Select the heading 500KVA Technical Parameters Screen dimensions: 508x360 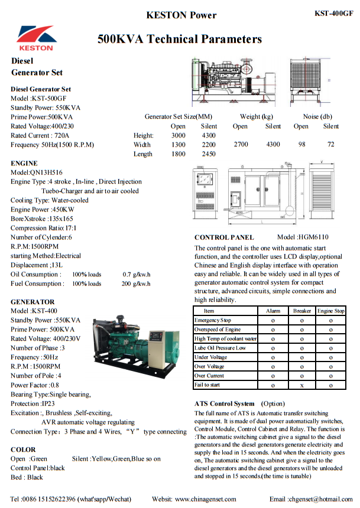180,40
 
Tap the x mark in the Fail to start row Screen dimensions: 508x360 301,385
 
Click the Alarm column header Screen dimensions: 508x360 273,311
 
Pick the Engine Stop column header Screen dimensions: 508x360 330,311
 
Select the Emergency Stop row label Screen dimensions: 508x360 213,320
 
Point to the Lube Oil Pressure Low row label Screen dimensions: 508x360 220,348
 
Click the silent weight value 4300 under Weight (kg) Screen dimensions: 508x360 273,144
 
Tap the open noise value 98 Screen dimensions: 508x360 301,144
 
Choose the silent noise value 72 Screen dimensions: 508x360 330,144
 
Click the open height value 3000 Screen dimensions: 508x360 178,135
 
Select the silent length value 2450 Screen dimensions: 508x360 209,154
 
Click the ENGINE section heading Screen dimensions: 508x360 24,163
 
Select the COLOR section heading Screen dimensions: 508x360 23,450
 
